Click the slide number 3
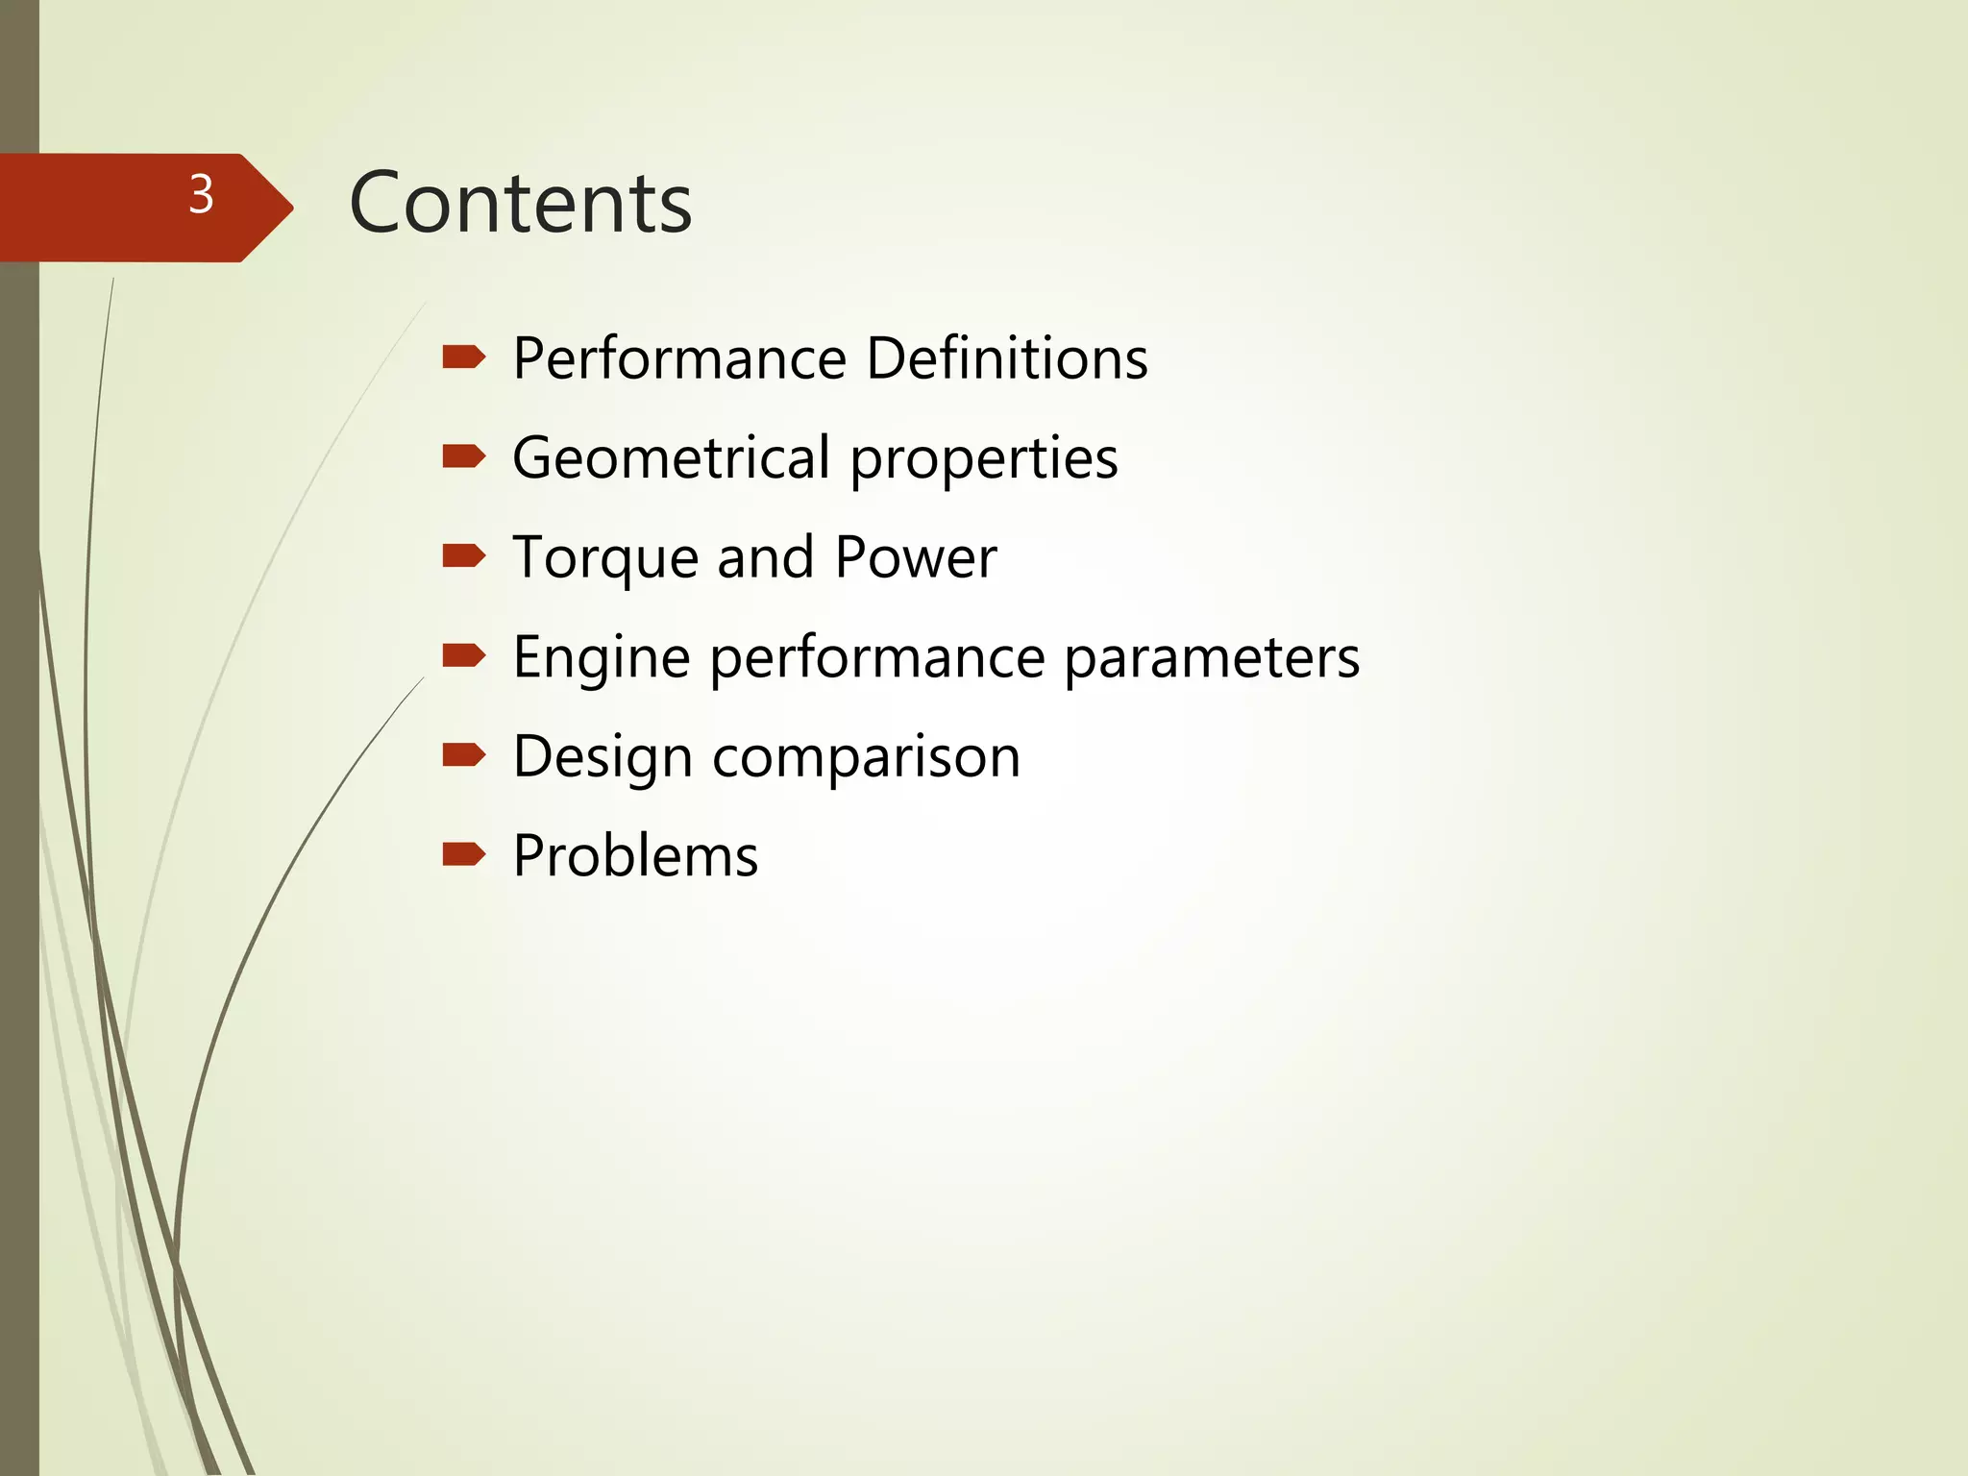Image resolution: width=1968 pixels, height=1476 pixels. tap(201, 195)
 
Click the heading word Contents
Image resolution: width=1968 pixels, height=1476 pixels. tap(520, 203)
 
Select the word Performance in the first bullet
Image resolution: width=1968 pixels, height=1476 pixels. tap(679, 358)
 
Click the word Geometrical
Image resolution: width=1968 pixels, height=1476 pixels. tap(671, 457)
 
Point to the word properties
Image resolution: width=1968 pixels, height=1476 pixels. tap(984, 459)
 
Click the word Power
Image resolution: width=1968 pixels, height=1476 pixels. tap(916, 557)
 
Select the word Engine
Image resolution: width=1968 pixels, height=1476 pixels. tap(602, 659)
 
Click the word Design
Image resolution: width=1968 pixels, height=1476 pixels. tap(603, 757)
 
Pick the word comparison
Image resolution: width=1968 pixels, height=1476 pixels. tap(866, 757)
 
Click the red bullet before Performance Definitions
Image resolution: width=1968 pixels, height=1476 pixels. tap(464, 357)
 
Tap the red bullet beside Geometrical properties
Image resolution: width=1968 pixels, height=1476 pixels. tap(464, 456)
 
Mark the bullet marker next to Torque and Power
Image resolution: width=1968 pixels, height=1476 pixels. tap(464, 556)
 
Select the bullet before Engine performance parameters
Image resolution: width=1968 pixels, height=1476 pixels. tap(464, 656)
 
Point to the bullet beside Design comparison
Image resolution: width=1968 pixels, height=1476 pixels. tap(464, 755)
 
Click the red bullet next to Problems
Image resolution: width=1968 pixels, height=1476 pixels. tap(464, 854)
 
